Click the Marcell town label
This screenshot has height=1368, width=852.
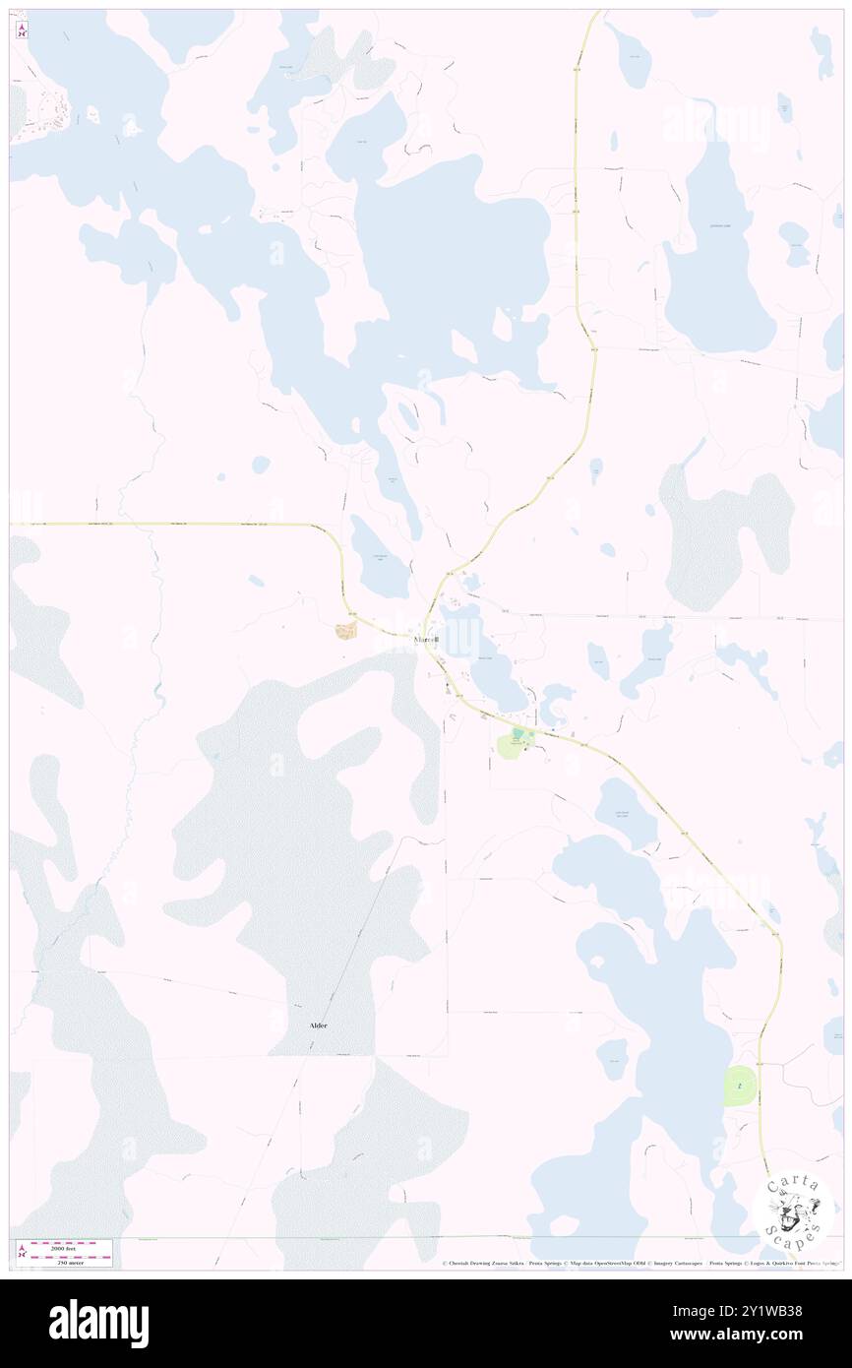click(424, 641)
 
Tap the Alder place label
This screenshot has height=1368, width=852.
click(318, 1025)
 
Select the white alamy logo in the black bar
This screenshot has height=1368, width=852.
click(98, 1324)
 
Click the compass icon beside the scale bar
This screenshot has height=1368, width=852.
click(21, 1253)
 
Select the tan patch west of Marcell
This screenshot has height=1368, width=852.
click(345, 630)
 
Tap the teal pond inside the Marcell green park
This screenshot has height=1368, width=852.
click(517, 733)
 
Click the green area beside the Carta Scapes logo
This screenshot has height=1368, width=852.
click(740, 1086)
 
